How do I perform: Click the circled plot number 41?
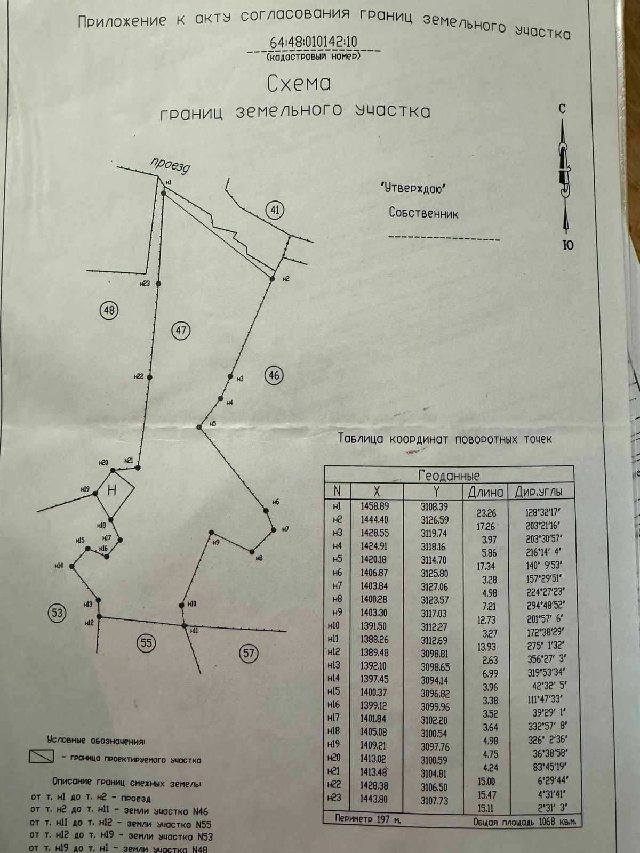click(x=275, y=210)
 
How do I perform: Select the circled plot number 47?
click(x=181, y=331)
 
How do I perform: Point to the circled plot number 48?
click(x=109, y=310)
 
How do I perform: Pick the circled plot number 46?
click(x=274, y=375)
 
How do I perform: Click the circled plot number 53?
click(x=57, y=613)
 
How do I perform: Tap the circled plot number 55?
click(x=146, y=643)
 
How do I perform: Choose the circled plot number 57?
click(x=249, y=653)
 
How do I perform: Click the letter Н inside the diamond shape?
click(x=112, y=490)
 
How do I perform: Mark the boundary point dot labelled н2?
click(x=272, y=279)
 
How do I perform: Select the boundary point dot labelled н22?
click(x=150, y=377)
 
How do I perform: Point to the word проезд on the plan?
click(x=170, y=166)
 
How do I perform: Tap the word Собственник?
click(x=423, y=214)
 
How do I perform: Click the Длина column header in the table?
click(x=485, y=492)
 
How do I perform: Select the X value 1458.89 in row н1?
click(x=375, y=506)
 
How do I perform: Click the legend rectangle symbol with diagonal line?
click(x=42, y=756)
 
